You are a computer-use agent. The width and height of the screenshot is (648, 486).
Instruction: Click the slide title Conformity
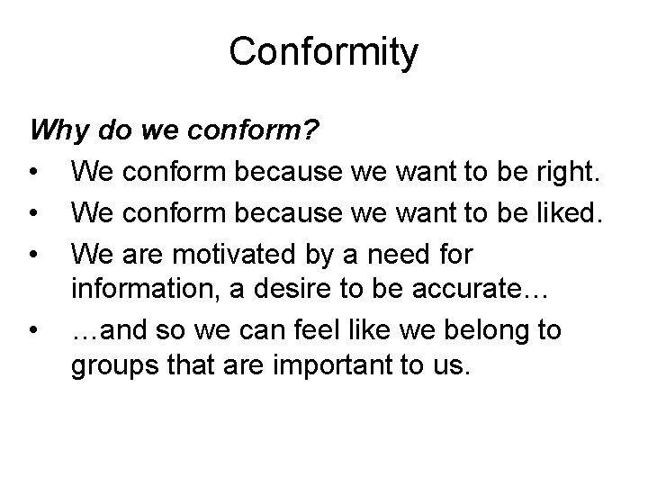coord(323,52)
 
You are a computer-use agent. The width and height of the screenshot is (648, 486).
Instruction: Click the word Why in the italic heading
coord(56,131)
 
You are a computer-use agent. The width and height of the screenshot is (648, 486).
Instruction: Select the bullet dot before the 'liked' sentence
coord(32,213)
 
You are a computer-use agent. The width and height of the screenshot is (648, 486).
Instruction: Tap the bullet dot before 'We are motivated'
coord(32,254)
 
